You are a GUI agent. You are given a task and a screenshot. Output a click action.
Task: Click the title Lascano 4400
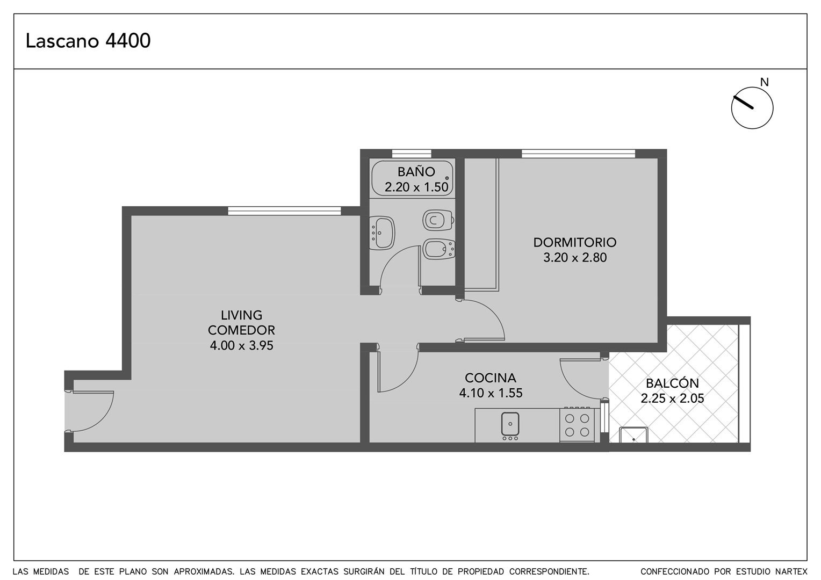[88, 41]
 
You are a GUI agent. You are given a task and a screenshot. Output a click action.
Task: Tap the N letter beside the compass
[764, 83]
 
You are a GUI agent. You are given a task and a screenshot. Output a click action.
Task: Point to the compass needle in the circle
[743, 102]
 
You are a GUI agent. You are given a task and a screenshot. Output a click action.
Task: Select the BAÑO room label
[416, 171]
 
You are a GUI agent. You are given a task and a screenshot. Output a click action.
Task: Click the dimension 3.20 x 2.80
[575, 258]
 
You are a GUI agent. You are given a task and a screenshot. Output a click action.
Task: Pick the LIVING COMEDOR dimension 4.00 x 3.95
[242, 345]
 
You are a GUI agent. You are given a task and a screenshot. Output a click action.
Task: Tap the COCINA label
[491, 378]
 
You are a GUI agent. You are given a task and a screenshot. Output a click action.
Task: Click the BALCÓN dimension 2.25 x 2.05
[672, 398]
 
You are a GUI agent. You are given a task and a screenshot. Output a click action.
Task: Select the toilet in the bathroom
[438, 220]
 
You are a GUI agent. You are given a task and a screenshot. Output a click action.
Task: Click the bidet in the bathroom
[439, 249]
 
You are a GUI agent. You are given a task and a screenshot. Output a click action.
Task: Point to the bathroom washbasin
[382, 233]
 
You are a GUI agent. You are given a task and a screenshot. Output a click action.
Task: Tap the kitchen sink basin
[510, 424]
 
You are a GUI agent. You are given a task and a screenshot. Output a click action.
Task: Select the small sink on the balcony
[633, 435]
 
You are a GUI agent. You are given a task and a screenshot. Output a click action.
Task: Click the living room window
[284, 211]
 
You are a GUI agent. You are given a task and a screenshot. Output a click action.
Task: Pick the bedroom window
[578, 154]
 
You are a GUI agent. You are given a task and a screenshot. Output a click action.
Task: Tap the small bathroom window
[412, 154]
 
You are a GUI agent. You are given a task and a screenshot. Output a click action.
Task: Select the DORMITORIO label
[575, 242]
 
